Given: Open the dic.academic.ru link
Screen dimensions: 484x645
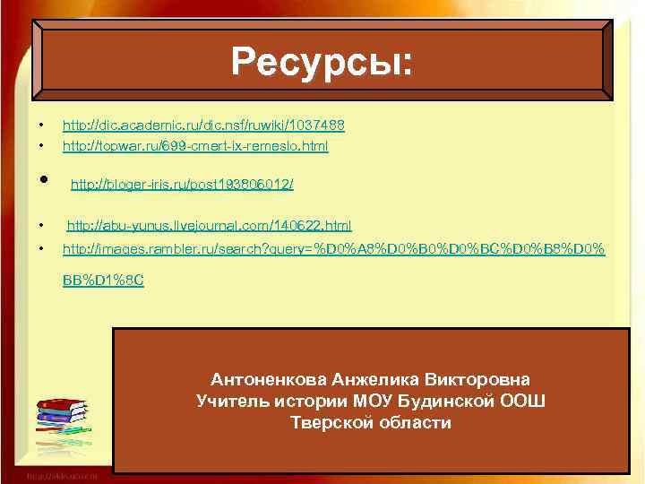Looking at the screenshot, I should point(203,125).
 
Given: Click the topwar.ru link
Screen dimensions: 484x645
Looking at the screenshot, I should point(195,145).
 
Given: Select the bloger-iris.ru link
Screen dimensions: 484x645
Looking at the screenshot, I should point(182,185).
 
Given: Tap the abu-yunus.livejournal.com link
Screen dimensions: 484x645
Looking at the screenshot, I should point(210,225).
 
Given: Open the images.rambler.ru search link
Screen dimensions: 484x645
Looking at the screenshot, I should point(333,248).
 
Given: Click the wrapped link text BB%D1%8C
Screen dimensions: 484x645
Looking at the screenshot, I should point(103,280).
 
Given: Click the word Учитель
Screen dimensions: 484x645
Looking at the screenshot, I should point(232,401).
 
